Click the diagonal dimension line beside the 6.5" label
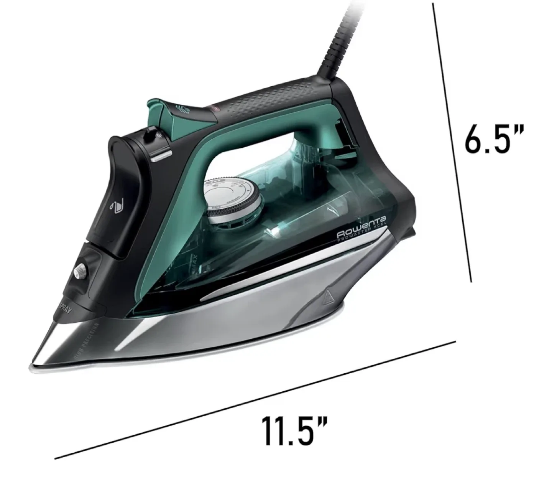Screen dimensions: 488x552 coord(452,142)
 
